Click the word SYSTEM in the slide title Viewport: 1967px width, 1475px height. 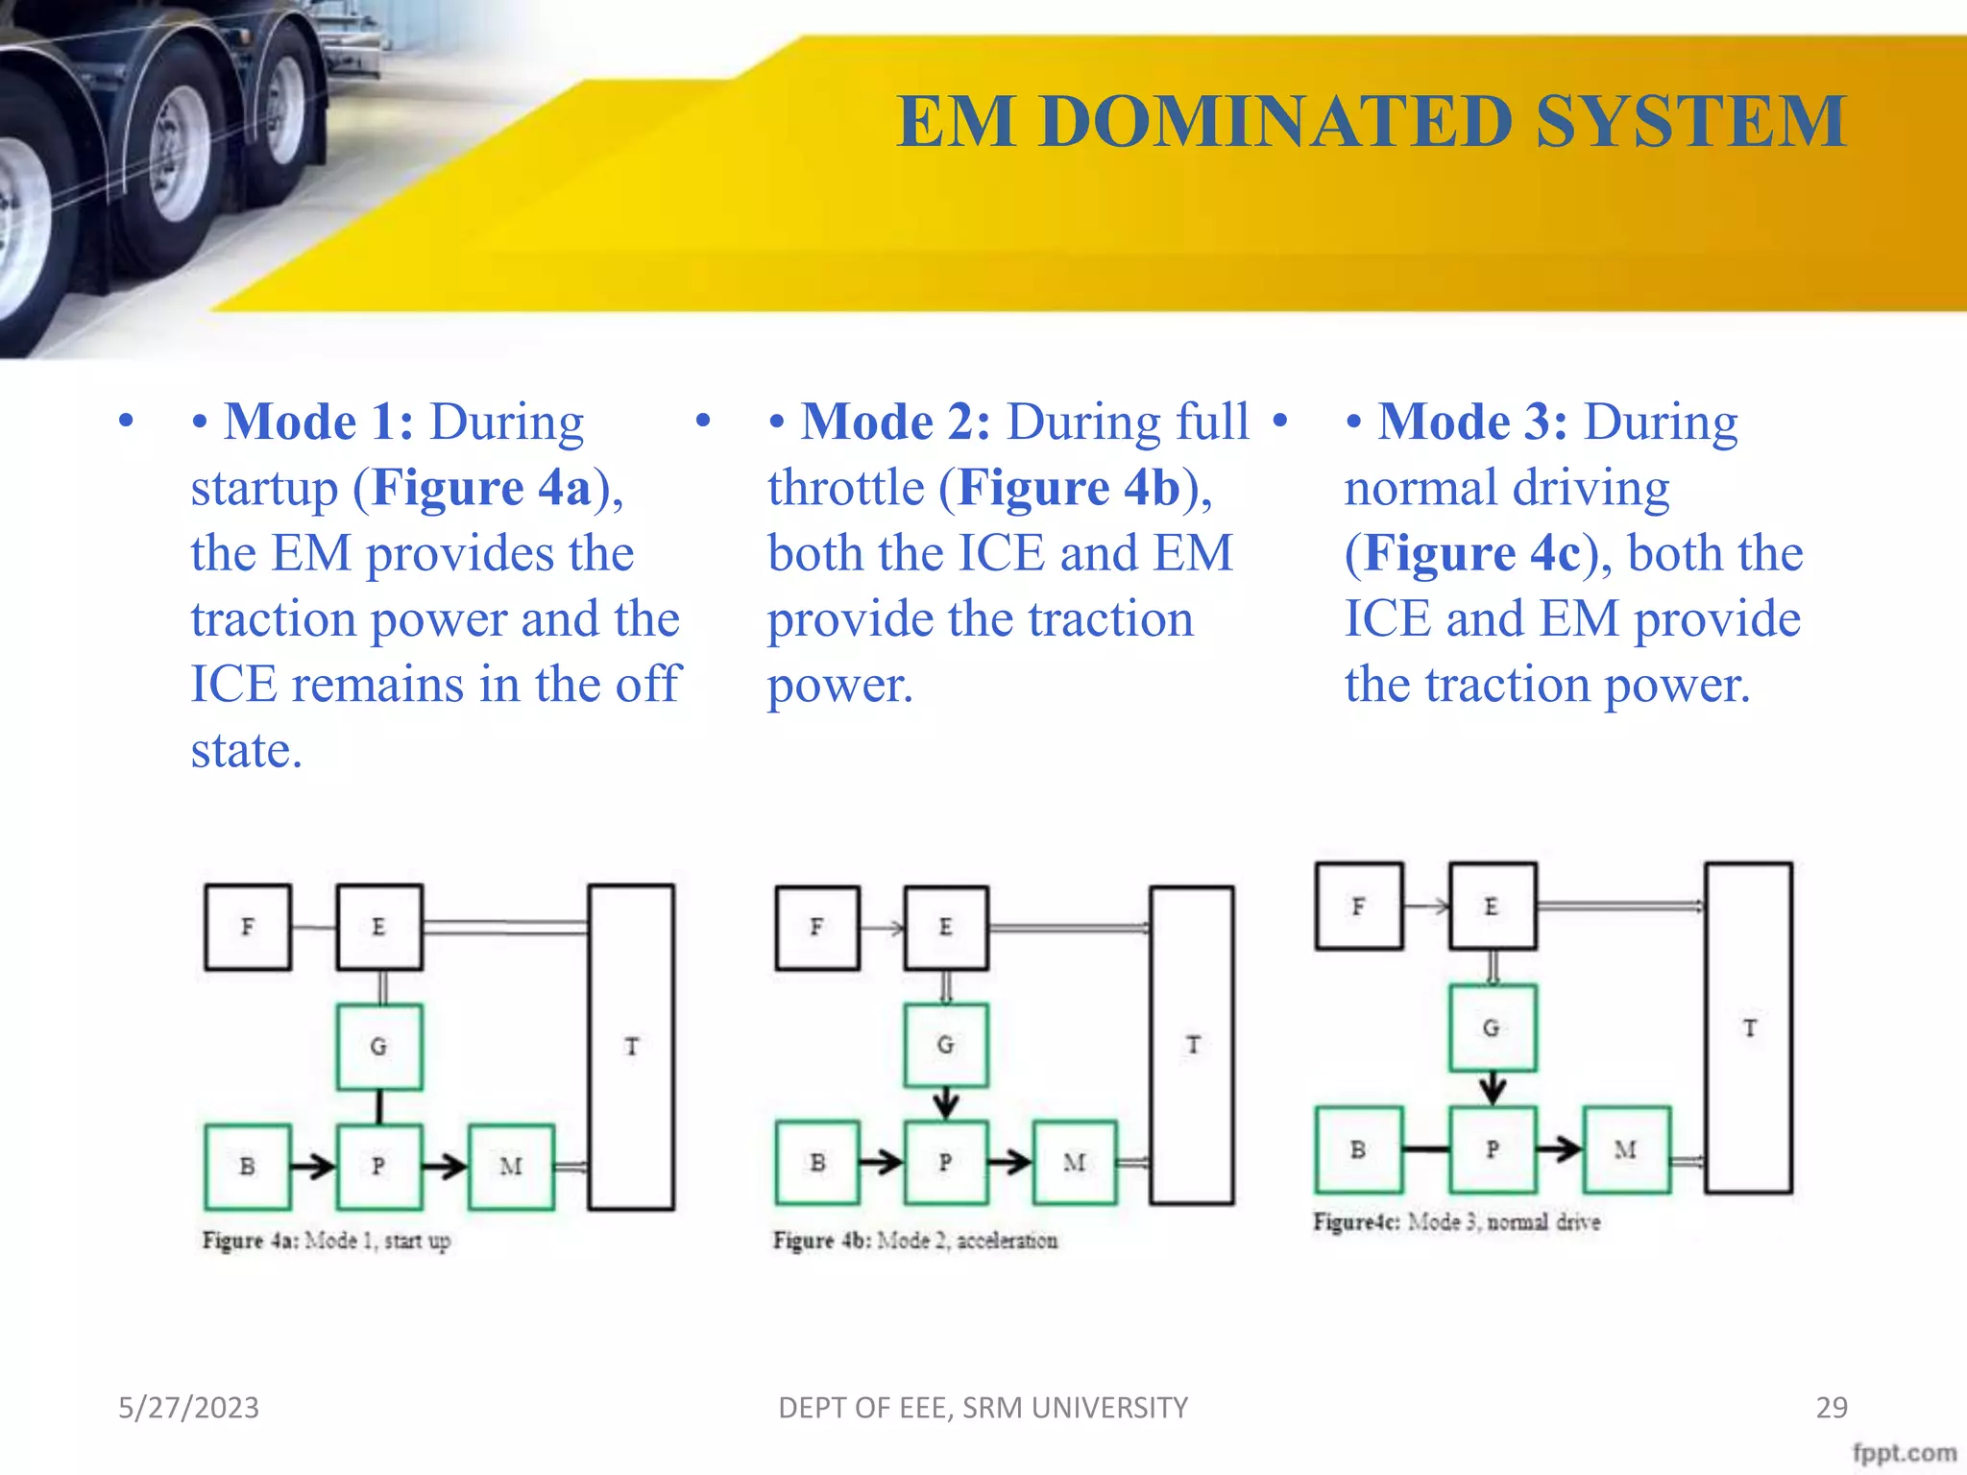pos(1690,122)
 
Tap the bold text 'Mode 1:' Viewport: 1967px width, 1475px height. pos(318,423)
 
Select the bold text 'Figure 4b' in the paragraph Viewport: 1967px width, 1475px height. pos(1069,488)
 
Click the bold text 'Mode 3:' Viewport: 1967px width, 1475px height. pos(1472,423)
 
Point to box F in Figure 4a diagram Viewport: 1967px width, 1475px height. pos(248,928)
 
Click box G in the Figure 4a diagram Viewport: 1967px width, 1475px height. pos(379,1047)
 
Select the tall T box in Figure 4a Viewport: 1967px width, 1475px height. pos(631,1047)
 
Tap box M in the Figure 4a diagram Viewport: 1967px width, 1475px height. pos(511,1167)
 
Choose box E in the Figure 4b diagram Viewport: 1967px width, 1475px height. pos(946,928)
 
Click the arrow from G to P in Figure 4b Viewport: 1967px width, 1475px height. pos(946,1102)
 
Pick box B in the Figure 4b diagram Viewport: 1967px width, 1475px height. pos(817,1163)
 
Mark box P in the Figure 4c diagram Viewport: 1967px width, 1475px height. pos(1493,1149)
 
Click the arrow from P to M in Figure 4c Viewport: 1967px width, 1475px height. pos(1559,1149)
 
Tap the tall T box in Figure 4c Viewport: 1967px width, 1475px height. pos(1749,1028)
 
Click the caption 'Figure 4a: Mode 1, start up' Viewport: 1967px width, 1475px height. pos(327,1241)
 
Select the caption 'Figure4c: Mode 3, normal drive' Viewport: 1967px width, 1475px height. pos(1457,1222)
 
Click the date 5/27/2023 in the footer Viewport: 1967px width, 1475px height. pos(188,1408)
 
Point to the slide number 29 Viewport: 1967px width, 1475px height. pos(1832,1408)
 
